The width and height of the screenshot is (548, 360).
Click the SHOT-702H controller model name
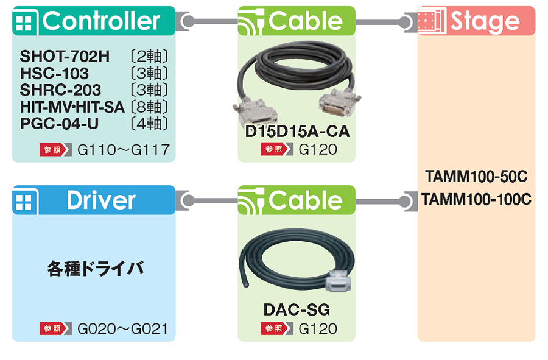pyautogui.click(x=65, y=57)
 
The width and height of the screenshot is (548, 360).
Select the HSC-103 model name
pyautogui.click(x=54, y=74)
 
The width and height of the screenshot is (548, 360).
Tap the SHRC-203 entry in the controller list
pyautogui.click(x=61, y=90)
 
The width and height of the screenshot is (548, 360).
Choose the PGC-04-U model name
pyautogui.click(x=60, y=124)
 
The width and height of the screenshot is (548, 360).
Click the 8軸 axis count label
pyautogui.click(x=150, y=107)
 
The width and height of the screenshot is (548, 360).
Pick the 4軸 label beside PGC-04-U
pyautogui.click(x=150, y=124)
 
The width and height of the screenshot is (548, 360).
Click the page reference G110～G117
pyautogui.click(x=124, y=149)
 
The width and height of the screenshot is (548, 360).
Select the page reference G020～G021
pyautogui.click(x=123, y=329)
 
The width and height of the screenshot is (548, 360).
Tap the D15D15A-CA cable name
pyautogui.click(x=297, y=132)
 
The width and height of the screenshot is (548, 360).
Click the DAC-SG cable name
pyautogui.click(x=297, y=309)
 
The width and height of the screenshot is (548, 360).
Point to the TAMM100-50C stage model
pyautogui.click(x=476, y=177)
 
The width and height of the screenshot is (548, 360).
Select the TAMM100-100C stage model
pyautogui.click(x=476, y=199)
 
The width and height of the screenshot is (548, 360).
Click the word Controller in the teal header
pyautogui.click(x=101, y=21)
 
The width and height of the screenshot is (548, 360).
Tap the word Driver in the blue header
pyautogui.click(x=101, y=200)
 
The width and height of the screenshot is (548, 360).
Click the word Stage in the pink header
pyautogui.click(x=485, y=21)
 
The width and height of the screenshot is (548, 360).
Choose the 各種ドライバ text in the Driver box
pyautogui.click(x=96, y=268)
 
